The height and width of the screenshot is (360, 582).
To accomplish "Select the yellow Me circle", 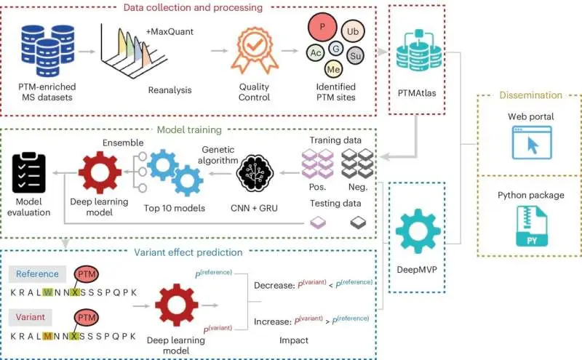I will point(333,70).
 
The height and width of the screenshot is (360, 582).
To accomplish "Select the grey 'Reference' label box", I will point(38,273).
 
